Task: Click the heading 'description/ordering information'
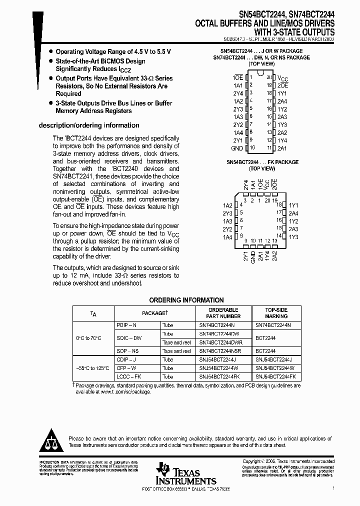click(89, 125)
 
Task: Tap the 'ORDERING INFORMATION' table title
click(186, 300)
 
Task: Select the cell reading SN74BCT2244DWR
click(220, 342)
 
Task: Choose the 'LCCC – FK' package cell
click(128, 376)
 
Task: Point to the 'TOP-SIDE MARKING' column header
click(276, 313)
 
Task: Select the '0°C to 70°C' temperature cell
click(88, 338)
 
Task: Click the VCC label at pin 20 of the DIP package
click(283, 78)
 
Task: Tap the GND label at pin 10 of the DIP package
click(237, 148)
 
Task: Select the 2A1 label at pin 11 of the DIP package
click(282, 148)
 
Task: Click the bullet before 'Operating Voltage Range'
click(50, 52)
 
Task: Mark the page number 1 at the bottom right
click(333, 487)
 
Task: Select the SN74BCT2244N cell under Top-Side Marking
click(273, 325)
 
